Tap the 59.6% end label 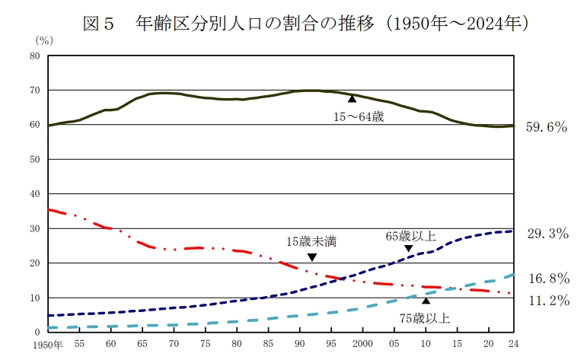tap(547, 127)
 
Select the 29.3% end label tap(547, 234)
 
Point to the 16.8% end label tap(547, 278)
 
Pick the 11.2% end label tap(547, 301)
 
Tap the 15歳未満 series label tap(311, 242)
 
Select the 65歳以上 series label tap(410, 237)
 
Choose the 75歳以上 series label tap(424, 318)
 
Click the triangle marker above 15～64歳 tap(352, 99)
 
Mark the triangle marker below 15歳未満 tap(311, 257)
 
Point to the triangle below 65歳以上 tap(408, 249)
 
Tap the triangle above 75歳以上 tap(426, 301)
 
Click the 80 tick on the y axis tap(35, 56)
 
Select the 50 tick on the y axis tap(35, 159)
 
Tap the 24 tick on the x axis tap(513, 344)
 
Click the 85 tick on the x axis tap(268, 344)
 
